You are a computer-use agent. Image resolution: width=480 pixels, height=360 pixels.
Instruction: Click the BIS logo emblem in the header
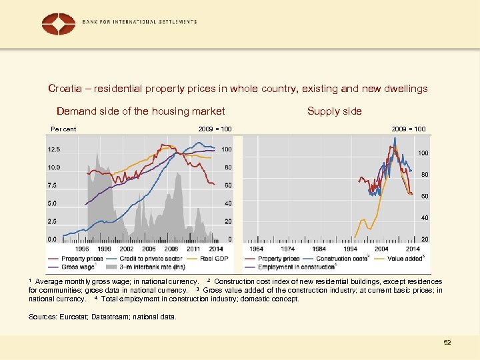click(x=59, y=24)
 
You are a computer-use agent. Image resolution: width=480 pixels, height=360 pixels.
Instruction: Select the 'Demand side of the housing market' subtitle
click(x=141, y=111)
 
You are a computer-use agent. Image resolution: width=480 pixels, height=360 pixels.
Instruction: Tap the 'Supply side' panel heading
click(x=334, y=111)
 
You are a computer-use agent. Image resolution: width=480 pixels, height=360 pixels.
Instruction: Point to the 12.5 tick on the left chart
click(x=54, y=149)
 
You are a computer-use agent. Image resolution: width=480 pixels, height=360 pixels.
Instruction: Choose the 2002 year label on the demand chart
click(x=125, y=249)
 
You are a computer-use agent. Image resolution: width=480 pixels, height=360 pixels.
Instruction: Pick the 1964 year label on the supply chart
click(x=257, y=249)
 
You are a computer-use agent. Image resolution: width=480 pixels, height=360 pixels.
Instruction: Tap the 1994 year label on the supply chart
click(x=350, y=249)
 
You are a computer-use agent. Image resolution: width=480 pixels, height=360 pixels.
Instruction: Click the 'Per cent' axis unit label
click(x=63, y=129)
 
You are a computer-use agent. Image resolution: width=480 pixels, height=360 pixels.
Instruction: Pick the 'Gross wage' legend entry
click(x=78, y=267)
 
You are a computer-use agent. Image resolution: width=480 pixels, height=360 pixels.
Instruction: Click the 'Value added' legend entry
click(x=405, y=258)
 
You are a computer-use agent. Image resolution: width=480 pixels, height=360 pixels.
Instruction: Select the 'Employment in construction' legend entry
click(x=296, y=267)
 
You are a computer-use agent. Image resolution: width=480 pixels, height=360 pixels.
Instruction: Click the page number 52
click(x=447, y=342)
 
